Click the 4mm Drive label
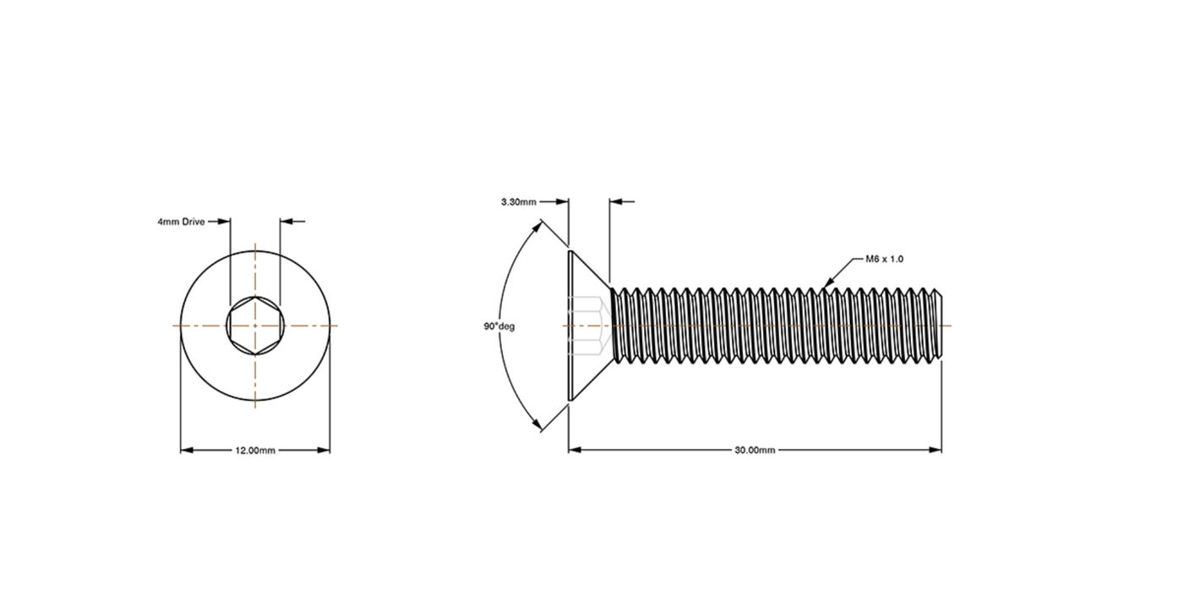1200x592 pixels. coord(181,222)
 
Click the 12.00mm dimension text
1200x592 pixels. coord(255,451)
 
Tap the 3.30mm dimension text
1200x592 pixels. coord(518,202)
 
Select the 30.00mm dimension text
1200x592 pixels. coord(755,451)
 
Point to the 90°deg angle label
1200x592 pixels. coord(499,326)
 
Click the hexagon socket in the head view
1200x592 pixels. coord(255,326)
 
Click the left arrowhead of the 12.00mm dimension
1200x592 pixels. coord(187,451)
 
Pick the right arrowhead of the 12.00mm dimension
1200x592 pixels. coord(324,451)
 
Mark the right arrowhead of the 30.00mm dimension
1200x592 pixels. coord(935,450)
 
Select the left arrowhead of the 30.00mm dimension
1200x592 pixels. coord(575,450)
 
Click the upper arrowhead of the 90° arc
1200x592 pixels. coord(538,227)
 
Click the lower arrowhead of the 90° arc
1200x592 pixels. coord(538,427)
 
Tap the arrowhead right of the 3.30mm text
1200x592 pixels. coord(563,202)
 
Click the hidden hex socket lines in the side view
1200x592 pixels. coord(586,326)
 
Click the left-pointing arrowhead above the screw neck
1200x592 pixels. coord(614,202)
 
